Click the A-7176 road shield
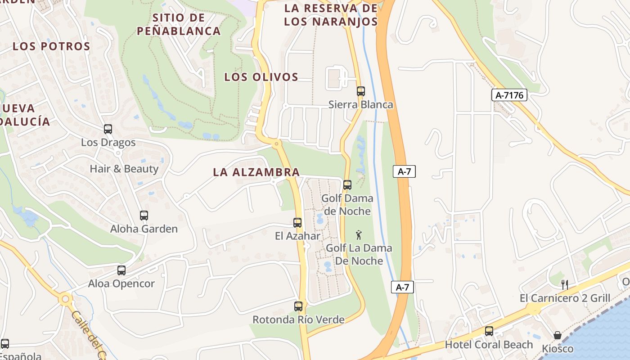[509, 95]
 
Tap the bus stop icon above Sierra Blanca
[360, 91]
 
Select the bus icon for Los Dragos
[108, 129]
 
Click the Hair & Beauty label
[124, 169]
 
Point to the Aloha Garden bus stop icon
[144, 216]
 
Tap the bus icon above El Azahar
[297, 222]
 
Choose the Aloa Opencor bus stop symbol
[121, 270]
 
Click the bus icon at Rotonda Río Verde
[298, 306]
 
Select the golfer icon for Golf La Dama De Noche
[359, 235]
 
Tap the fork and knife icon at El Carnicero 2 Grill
[564, 284]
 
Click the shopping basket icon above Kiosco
[557, 335]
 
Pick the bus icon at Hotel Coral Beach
[489, 331]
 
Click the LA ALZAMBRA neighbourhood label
[256, 172]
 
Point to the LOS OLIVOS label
[261, 77]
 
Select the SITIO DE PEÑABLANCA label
[179, 24]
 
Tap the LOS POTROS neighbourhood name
[51, 46]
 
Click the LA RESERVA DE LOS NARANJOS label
[331, 14]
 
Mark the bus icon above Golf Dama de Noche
[347, 185]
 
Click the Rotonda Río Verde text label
[298, 319]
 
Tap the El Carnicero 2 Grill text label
[565, 298]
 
